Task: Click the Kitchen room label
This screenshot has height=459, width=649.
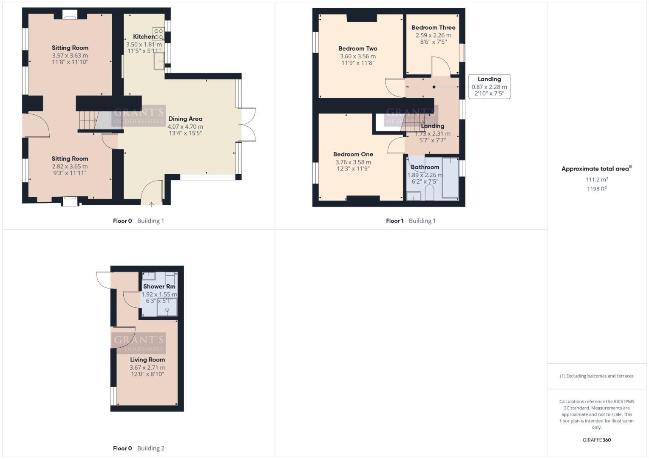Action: [144, 37]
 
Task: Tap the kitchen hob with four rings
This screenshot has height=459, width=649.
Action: [159, 34]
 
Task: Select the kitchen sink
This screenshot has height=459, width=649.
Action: [159, 60]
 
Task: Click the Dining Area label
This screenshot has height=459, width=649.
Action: [185, 119]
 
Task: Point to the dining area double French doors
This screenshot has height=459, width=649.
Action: [248, 124]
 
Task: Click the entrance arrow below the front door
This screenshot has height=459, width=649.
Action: [152, 205]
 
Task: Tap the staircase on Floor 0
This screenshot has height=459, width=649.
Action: [88, 120]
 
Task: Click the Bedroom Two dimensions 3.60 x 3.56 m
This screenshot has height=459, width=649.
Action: [357, 56]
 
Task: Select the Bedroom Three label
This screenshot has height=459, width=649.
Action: [433, 28]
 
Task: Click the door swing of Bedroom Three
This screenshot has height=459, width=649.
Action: [441, 66]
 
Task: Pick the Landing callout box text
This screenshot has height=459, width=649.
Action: [489, 86]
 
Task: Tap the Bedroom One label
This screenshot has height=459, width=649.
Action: [353, 154]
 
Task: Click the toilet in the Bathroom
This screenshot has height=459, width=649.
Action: [429, 193]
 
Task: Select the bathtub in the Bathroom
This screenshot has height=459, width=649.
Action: [450, 178]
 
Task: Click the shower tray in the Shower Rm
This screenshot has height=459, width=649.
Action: [167, 307]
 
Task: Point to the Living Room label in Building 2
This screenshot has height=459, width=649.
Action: [147, 360]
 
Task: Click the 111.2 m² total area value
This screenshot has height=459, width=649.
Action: [596, 179]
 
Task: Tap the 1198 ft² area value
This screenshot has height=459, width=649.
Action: [596, 189]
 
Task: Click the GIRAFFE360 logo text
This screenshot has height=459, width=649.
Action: [596, 440]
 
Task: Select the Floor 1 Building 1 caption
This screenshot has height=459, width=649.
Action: [411, 221]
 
